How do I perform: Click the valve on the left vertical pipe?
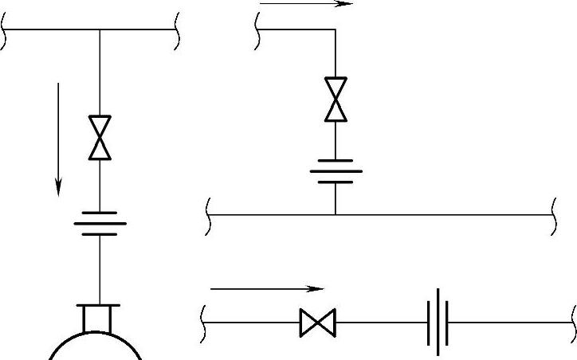[x=100, y=138]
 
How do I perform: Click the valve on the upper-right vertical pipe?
[x=336, y=99]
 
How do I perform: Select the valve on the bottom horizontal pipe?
[x=318, y=323]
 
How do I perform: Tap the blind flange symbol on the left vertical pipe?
[x=100, y=219]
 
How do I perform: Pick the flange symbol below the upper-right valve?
[x=336, y=170]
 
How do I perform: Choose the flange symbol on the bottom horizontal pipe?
[x=438, y=323]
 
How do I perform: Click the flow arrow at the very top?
[x=306, y=4]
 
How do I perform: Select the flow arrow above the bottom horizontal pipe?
[x=268, y=288]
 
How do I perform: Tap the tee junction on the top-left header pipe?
[x=100, y=30]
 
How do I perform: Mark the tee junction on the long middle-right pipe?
[x=336, y=214]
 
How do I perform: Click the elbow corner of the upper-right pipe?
[x=336, y=30]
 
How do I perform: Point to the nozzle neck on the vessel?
[x=100, y=319]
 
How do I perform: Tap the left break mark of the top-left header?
[x=6, y=31]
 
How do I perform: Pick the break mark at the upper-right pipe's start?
[x=258, y=31]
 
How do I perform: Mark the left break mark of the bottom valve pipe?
[x=208, y=323]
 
